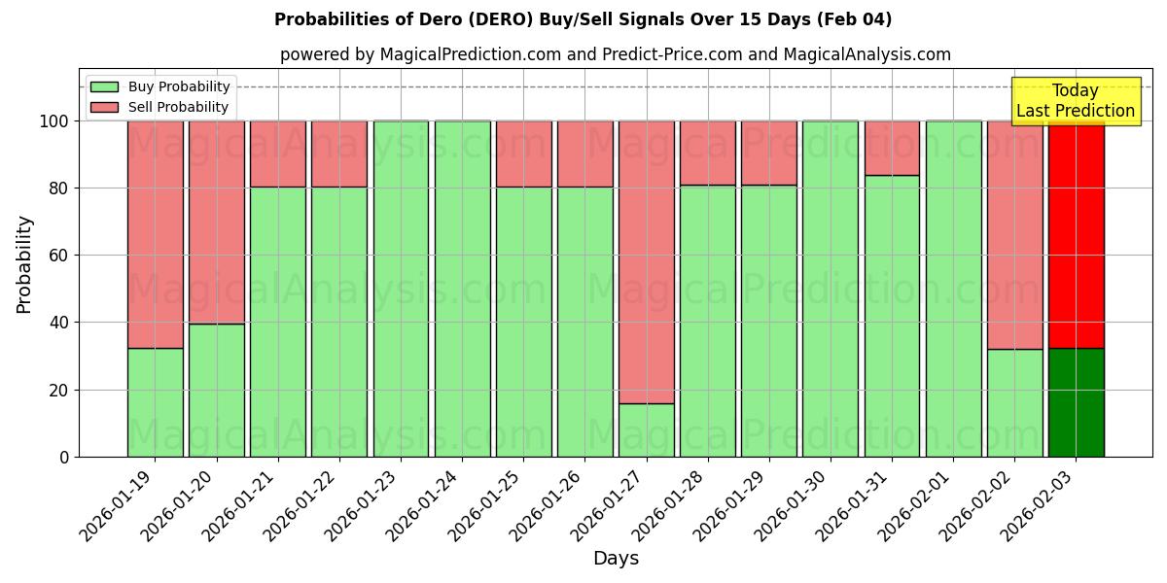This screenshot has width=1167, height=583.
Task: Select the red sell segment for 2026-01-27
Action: [x=647, y=261]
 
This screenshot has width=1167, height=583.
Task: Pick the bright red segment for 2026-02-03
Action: [x=1077, y=238]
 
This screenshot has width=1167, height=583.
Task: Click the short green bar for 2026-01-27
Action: [x=647, y=429]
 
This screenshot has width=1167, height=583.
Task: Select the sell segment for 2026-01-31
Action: [x=892, y=148]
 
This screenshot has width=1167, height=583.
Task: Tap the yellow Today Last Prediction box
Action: [x=1075, y=101]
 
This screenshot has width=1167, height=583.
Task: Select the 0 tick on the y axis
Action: [x=63, y=458]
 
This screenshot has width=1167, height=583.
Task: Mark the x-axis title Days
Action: [x=616, y=559]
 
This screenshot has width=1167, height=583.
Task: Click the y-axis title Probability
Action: [x=24, y=264]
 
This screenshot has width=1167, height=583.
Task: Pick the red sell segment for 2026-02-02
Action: [x=1014, y=234]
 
